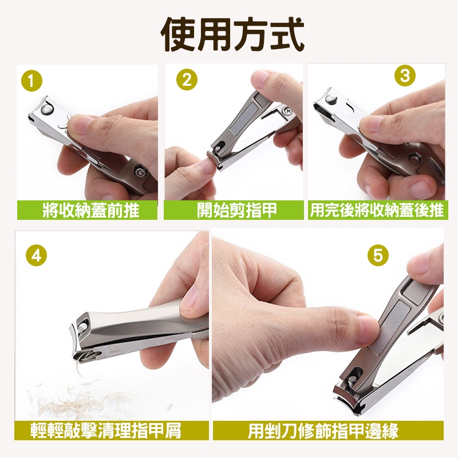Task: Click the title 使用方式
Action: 233,34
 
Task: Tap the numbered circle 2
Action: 187,80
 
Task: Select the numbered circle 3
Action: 405,76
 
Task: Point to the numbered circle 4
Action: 37,255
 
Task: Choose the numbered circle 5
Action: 378,255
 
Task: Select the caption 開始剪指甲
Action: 236,210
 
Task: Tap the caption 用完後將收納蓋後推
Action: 377,210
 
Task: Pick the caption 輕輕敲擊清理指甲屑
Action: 106,431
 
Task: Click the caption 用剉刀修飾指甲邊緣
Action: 323,431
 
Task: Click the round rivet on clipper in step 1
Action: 48,109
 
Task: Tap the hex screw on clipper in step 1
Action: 140,172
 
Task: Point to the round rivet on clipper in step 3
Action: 331,100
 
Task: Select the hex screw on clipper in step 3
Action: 413,159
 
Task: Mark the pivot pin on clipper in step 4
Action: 84,325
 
